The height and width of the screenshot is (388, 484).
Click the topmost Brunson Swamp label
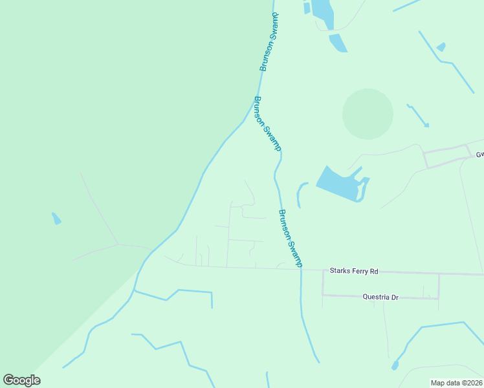[270, 43]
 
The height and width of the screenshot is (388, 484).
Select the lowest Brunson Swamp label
[291, 237]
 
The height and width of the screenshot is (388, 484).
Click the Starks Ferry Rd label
[353, 271]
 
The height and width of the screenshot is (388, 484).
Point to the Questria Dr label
[380, 297]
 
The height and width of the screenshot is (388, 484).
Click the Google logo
[21, 380]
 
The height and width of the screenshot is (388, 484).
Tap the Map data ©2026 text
[456, 383]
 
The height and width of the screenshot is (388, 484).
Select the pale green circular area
[368, 114]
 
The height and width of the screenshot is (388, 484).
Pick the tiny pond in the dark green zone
[56, 219]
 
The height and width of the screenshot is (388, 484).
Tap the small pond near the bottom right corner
[395, 365]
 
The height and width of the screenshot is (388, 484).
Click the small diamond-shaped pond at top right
[441, 47]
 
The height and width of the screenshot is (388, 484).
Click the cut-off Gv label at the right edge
[479, 155]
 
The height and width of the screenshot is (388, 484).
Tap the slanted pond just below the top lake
[338, 43]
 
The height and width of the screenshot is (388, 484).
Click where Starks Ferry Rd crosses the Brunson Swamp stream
[301, 269]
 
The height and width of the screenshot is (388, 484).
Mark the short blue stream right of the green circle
[417, 114]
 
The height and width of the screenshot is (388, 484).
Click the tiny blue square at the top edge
[307, 8]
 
